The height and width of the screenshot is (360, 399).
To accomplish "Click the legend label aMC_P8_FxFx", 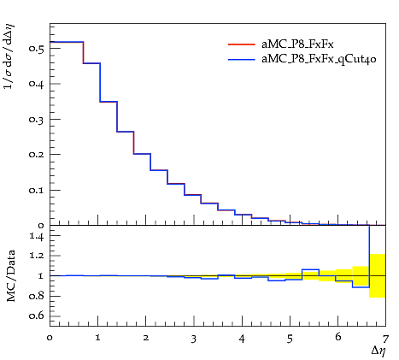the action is click(x=297, y=44).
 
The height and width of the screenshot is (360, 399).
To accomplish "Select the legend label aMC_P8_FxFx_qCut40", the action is click(x=319, y=59).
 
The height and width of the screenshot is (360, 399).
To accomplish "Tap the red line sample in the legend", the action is click(x=241, y=44).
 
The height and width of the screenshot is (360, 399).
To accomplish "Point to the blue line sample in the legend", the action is click(x=241, y=60).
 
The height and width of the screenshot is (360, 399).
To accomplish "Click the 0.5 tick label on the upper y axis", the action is click(x=37, y=48).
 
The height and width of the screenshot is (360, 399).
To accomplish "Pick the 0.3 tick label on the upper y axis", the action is click(x=37, y=119).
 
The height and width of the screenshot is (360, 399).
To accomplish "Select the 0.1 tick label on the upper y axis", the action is click(x=37, y=190).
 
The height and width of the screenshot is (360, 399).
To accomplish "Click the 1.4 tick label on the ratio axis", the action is click(x=37, y=236).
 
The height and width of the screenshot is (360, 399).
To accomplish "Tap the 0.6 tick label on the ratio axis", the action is click(x=37, y=316).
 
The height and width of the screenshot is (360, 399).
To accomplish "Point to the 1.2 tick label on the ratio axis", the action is click(x=37, y=256).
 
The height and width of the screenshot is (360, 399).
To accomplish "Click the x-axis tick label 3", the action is click(x=194, y=339).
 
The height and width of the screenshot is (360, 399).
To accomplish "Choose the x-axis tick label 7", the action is click(x=385, y=339).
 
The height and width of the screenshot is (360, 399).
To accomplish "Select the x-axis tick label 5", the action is click(x=290, y=339).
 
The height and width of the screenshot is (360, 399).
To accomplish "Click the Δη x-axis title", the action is click(x=378, y=351).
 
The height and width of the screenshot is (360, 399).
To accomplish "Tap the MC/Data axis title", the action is click(x=11, y=275).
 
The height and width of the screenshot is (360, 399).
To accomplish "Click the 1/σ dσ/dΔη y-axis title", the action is click(x=9, y=57).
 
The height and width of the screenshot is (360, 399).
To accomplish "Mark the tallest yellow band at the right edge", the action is click(x=378, y=275).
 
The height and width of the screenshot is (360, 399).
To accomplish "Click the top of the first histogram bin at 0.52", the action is click(x=67, y=42).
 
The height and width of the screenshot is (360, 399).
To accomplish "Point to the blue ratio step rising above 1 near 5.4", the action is click(x=310, y=269).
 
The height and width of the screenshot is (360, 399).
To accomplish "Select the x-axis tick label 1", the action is click(x=97, y=339).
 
